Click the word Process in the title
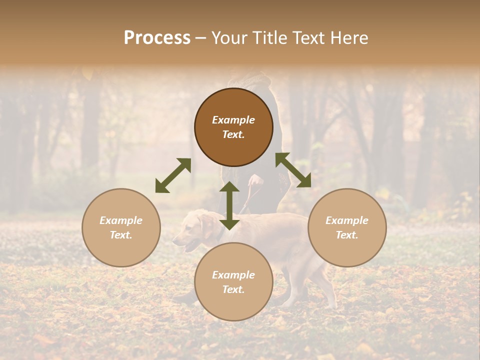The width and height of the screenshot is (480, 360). coord(157,38)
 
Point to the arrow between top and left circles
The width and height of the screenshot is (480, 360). coord(173,175)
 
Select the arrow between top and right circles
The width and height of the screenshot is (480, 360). coord(293,170)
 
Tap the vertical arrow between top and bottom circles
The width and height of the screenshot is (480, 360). coord(229,205)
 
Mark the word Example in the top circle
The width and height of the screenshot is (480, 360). coord(233,120)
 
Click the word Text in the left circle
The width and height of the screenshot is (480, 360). coord(121,235)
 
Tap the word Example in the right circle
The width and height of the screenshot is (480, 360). coord(347,220)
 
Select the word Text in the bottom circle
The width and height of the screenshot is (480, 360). coord(233,289)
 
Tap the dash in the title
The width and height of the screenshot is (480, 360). coord(200,38)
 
